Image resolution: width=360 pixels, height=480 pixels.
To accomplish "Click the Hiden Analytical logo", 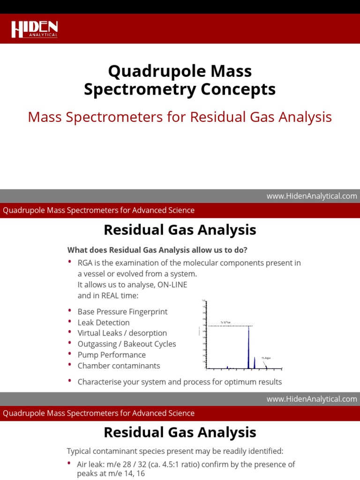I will pos(34,29).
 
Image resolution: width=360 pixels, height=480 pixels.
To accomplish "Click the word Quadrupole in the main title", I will pos(147,71).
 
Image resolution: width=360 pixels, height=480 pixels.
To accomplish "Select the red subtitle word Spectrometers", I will pos(120,117).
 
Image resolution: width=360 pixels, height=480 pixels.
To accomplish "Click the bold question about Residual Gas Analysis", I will pos(157,249).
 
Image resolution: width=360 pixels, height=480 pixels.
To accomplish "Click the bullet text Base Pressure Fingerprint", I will pos(122,312).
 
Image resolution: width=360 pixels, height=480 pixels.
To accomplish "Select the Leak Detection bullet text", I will pos(104,322).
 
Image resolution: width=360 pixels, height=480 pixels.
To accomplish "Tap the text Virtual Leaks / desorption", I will pos(122,333).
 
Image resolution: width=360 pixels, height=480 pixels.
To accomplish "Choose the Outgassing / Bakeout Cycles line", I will pos(127,344).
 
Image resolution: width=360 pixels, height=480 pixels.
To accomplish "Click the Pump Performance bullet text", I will pos(112,355).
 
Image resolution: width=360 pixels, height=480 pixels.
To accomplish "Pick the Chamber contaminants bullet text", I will pos(119,366).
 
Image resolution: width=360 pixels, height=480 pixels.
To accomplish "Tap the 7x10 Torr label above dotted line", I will pos(225,323).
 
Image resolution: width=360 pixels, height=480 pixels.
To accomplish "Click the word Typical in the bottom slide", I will pos(80,451).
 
